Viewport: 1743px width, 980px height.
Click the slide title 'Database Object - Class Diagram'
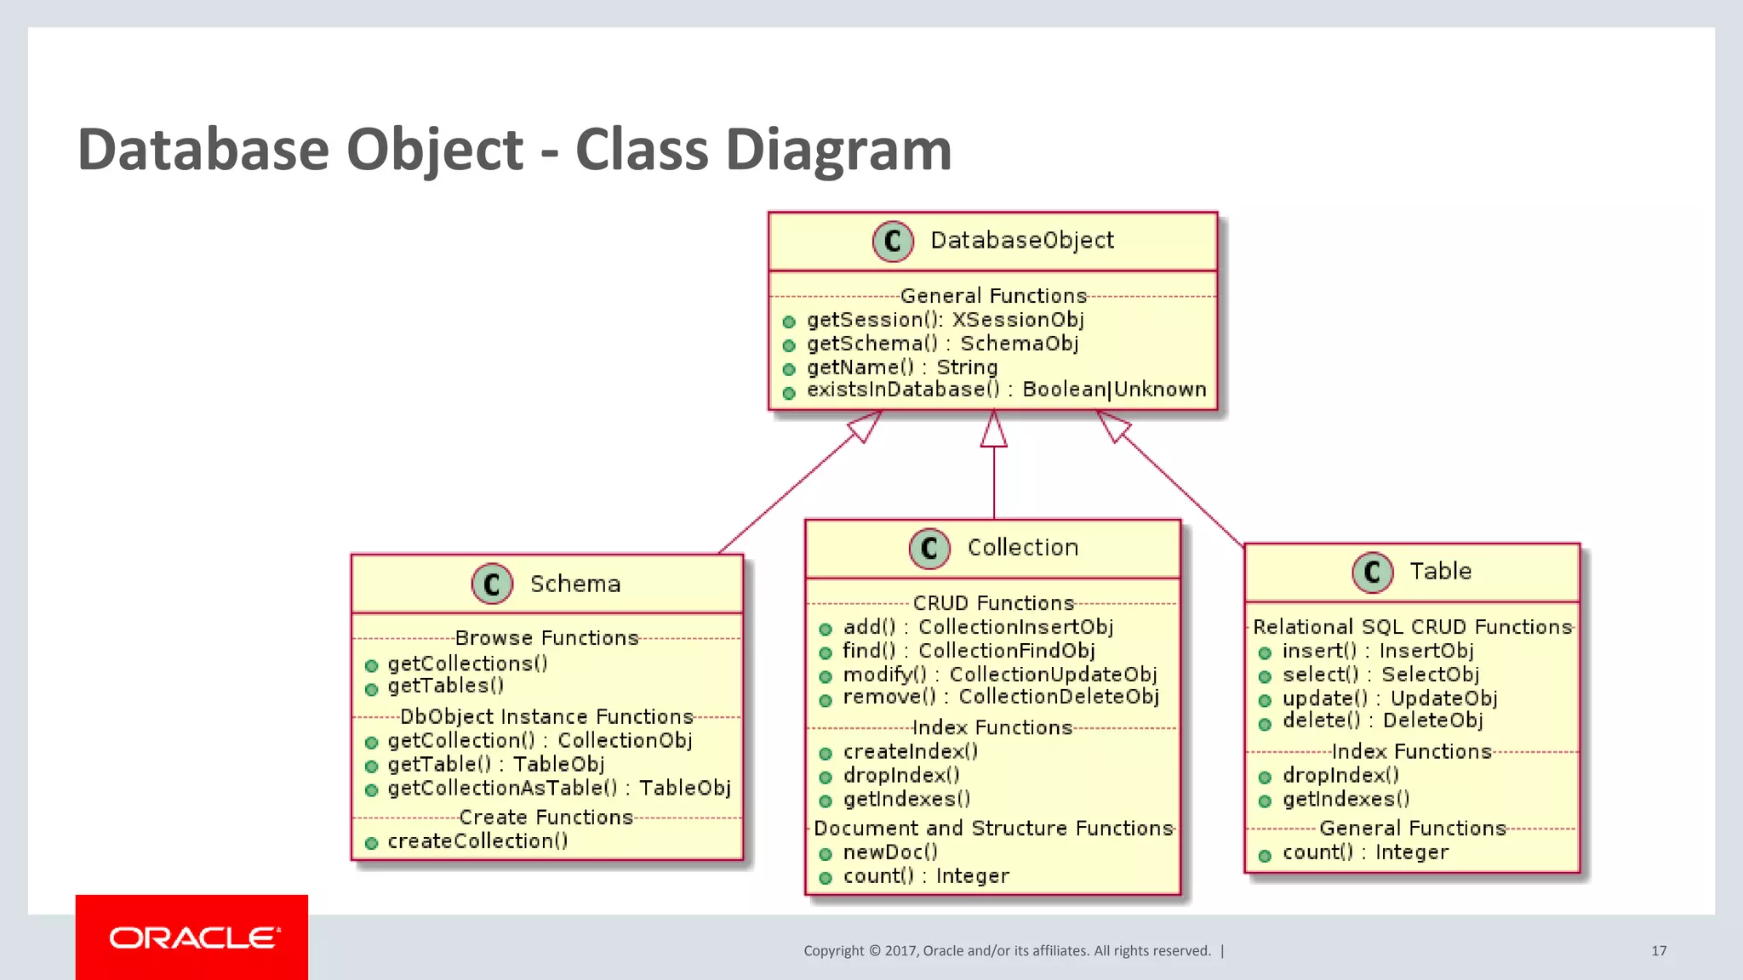point(514,150)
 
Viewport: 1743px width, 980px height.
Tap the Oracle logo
point(192,937)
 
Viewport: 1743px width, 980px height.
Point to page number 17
point(1659,950)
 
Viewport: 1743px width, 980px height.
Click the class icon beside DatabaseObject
point(893,242)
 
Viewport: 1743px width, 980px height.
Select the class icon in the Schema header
point(492,584)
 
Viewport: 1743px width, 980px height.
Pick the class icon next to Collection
point(929,548)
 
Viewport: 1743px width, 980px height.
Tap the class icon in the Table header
point(1372,572)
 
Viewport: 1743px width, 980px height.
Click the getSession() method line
point(945,320)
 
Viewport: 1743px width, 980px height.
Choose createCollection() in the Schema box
point(477,841)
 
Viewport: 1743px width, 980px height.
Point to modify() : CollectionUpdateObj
point(999,675)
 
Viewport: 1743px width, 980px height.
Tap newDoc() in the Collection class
point(889,852)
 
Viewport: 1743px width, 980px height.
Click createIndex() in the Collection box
point(910,752)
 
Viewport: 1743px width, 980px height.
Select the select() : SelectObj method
point(1380,675)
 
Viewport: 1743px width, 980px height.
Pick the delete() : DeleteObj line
point(1382,721)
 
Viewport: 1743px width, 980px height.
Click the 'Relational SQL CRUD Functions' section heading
point(1412,627)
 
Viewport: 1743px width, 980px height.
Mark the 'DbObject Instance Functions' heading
point(546,717)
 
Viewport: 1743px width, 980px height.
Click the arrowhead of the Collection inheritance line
point(993,430)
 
